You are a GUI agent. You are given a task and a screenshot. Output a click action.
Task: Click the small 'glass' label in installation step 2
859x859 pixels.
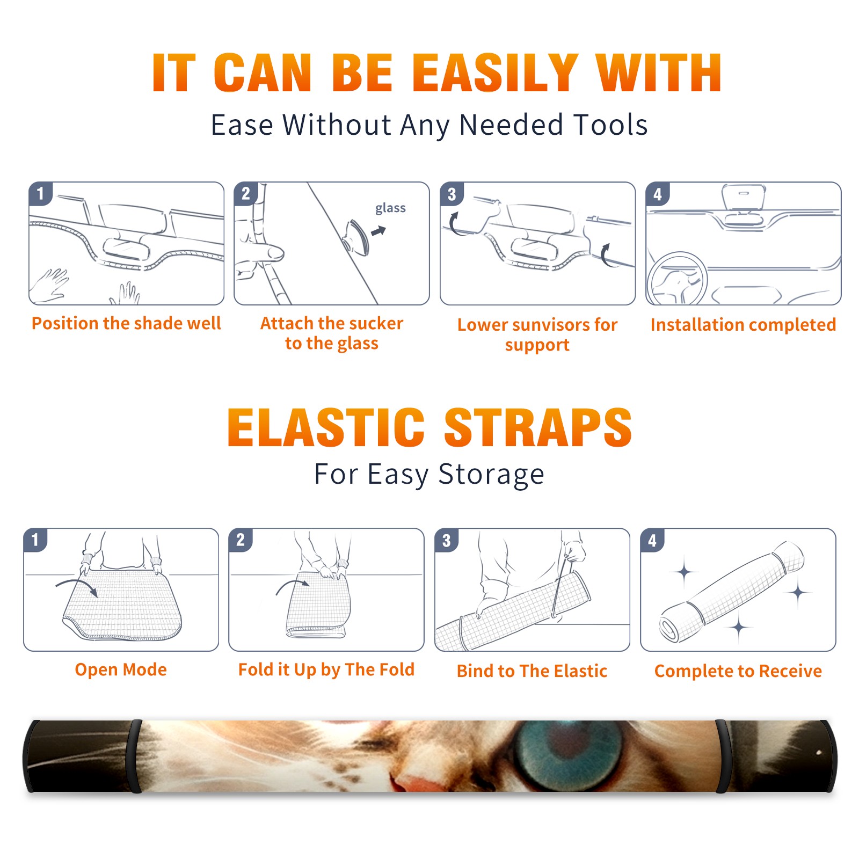[x=390, y=208]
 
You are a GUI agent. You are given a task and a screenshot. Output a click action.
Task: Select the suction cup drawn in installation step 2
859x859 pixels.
[x=356, y=237]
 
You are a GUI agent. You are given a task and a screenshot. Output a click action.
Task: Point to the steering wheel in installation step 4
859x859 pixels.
[x=677, y=279]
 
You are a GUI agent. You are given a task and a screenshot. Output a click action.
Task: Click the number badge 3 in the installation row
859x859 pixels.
[x=452, y=194]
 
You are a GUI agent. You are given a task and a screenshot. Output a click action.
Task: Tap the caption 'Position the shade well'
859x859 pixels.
[x=126, y=323]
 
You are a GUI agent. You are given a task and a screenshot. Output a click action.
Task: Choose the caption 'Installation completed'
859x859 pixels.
[x=743, y=325]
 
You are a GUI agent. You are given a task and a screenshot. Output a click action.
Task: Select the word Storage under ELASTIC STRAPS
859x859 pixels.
[x=491, y=475]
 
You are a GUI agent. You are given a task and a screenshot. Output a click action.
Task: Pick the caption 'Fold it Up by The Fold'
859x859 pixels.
[x=326, y=670]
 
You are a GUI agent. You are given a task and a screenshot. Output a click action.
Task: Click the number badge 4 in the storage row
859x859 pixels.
[x=652, y=540]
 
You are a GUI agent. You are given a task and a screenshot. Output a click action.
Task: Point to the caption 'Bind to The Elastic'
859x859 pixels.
[x=532, y=671]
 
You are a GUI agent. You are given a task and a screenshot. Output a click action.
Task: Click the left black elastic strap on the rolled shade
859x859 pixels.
[x=135, y=756]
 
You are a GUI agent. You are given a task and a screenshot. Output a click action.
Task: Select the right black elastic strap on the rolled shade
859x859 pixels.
[x=723, y=756]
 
